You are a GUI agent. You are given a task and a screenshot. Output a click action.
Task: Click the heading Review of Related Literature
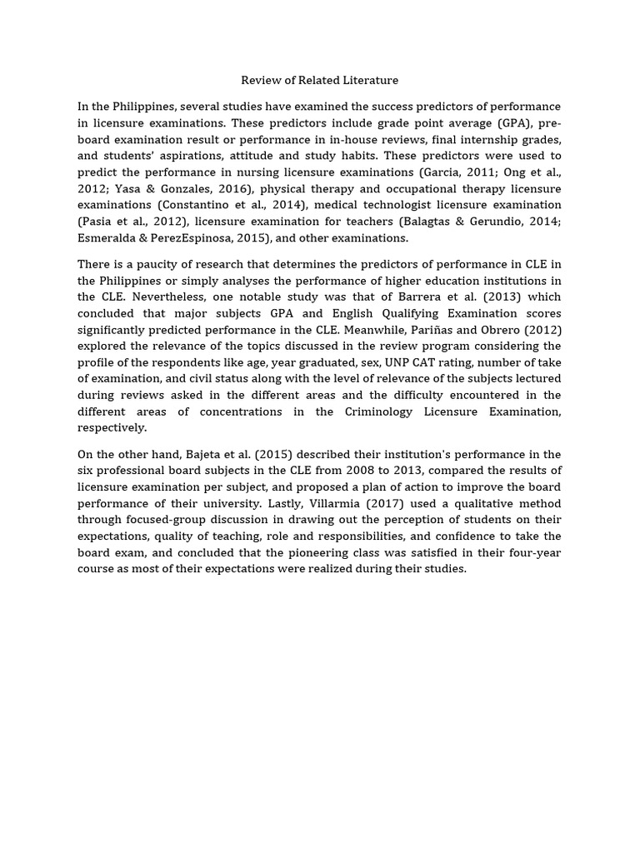tap(319, 81)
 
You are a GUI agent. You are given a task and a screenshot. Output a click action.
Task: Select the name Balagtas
tap(430, 222)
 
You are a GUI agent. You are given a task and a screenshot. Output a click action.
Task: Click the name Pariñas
tap(443, 330)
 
